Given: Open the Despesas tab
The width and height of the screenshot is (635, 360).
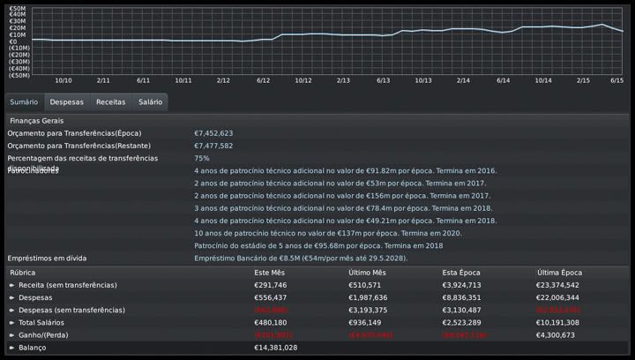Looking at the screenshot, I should pos(67,102).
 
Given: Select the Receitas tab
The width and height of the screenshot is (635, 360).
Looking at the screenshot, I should pos(111,102).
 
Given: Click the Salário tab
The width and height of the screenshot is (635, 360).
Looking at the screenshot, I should pos(150,102).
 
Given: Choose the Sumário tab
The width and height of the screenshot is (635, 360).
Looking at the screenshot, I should pos(24,102).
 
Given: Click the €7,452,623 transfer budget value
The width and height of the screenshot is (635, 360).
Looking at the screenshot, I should pos(213,133).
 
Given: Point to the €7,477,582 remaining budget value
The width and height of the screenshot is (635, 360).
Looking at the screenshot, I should pos(213,146).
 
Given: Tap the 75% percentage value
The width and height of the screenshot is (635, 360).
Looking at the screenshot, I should pos(202,158).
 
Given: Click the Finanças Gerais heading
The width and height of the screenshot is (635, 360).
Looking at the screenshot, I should pos(36,120).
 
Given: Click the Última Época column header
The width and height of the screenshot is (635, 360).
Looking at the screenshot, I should pos(558,273).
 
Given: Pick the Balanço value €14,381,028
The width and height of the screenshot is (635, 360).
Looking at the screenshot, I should pos(276,348).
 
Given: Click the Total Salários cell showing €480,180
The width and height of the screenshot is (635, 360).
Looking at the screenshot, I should pos(271,323).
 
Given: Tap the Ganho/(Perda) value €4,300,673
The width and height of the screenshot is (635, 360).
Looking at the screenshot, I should pos(556,335).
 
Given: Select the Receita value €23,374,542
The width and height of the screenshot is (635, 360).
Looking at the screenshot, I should pos(558,285).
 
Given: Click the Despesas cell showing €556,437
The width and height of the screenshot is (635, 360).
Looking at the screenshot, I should pos(271,298).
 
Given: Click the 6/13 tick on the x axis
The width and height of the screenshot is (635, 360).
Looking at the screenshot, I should pos(384,80).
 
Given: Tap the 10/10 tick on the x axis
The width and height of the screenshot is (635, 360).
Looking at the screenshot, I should pos(63,80).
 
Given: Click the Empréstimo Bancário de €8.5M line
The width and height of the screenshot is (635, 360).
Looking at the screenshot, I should pos(300,258).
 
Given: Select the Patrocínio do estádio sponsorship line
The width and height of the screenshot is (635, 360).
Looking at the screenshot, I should pos(318,245).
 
